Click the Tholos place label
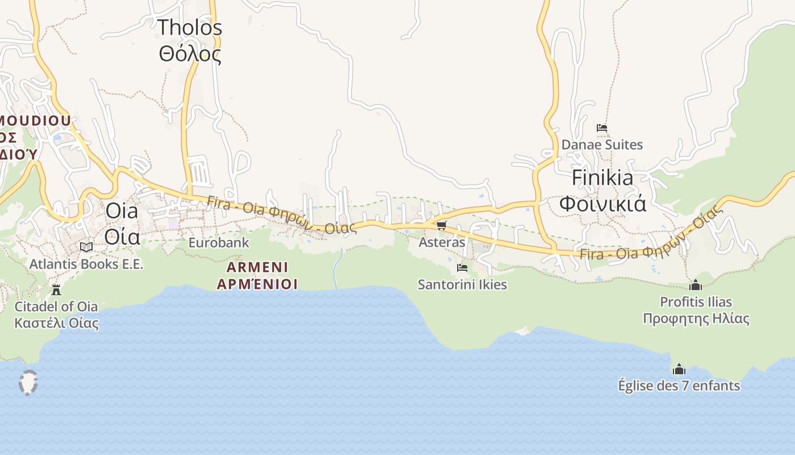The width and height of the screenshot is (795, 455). tap(189, 27)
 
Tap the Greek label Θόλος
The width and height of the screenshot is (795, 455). tap(189, 55)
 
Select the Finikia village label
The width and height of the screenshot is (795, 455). tap(602, 177)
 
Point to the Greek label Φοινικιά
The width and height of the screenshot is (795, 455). tap(602, 203)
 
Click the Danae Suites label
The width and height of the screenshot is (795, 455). tap(602, 144)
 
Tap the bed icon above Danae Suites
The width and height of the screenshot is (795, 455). tap(602, 128)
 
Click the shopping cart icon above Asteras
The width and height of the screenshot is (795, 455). tap(441, 226)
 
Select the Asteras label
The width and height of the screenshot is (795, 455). tap(441, 242)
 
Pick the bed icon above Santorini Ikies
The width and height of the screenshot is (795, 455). tap(462, 267)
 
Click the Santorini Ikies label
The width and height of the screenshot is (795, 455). tap(462, 284)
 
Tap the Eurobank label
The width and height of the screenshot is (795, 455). tap(219, 243)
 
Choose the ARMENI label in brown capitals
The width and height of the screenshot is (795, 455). tap(257, 267)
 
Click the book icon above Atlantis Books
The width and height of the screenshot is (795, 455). tap(86, 247)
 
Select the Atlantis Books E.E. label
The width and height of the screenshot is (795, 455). tap(86, 264)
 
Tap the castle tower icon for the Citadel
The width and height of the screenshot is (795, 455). tap(56, 290)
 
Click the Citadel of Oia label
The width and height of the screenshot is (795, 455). tap(56, 307)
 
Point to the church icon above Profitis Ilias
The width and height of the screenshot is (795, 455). tap(696, 285)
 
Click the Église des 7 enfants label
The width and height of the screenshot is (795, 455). tap(679, 386)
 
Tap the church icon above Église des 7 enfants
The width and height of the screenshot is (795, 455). tap(679, 370)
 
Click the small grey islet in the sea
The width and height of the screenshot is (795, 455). tap(28, 382)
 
